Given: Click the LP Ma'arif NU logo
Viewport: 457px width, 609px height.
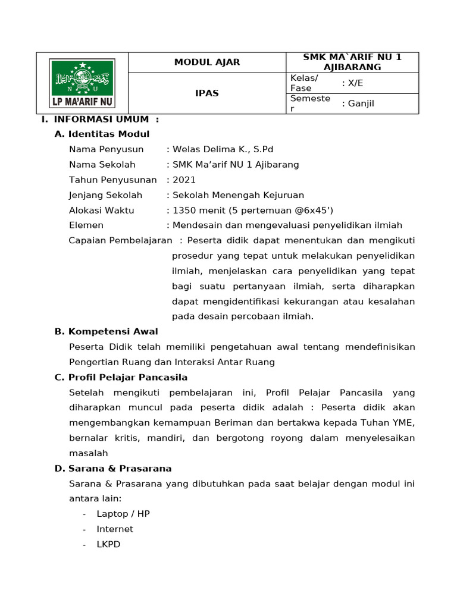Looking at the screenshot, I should point(82,83).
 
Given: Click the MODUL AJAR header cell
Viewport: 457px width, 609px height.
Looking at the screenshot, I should point(207,62).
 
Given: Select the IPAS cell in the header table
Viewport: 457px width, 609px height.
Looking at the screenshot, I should point(207,93).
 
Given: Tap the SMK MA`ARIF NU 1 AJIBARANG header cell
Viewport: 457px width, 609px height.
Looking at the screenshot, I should point(352,62).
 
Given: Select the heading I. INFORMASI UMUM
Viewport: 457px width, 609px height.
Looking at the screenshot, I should point(100,119).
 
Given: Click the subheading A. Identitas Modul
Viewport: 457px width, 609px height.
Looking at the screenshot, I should point(102,134).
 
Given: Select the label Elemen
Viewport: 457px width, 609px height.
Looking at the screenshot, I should point(86,225).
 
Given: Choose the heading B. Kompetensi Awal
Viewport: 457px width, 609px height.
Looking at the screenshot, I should point(106,331).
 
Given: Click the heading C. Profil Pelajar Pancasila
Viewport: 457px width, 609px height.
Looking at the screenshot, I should point(121,378).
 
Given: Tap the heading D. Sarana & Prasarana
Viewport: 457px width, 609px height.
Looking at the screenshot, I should point(113,469).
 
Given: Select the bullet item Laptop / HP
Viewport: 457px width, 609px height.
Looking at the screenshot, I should point(123,514).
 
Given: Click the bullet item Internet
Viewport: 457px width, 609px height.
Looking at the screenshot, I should point(115,529).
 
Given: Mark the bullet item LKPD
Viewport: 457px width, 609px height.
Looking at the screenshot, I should point(108,544).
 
